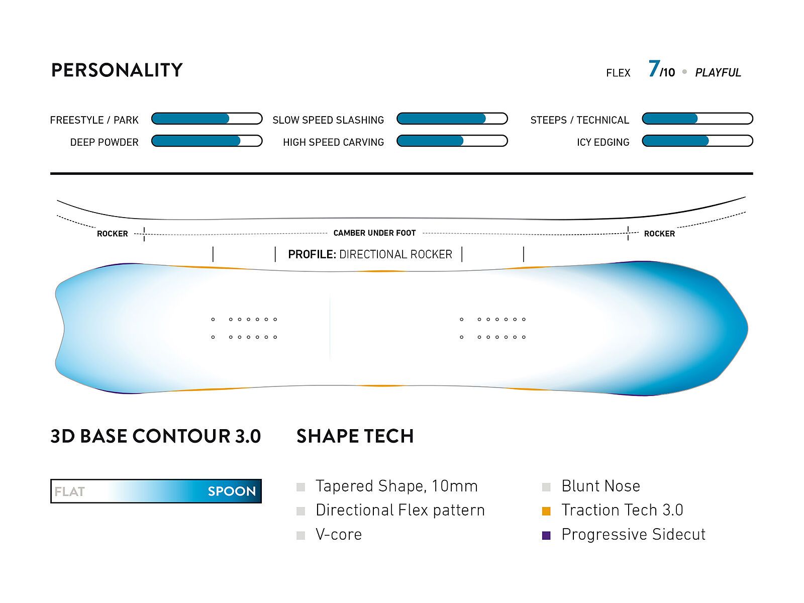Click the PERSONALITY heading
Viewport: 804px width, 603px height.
click(117, 70)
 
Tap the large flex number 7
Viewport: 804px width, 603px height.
click(654, 68)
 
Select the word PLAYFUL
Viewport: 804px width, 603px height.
click(718, 73)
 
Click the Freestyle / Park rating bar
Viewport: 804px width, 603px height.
click(207, 119)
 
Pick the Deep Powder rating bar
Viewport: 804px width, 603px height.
click(207, 141)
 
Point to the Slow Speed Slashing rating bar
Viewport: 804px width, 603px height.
click(452, 119)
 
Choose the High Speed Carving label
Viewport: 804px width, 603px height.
click(333, 142)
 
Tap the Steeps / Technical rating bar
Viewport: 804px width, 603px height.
click(697, 119)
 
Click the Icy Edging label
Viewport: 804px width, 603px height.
click(602, 142)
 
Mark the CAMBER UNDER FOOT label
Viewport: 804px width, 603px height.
click(374, 233)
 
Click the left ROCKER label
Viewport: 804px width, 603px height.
click(112, 234)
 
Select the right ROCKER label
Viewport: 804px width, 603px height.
click(659, 234)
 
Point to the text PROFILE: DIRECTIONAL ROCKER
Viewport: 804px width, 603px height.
click(370, 254)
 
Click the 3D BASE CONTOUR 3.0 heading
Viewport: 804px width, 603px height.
click(156, 436)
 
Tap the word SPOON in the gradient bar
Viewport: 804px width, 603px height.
click(232, 491)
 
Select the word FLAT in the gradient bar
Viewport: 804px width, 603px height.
click(69, 491)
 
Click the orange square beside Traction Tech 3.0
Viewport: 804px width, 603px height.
click(546, 511)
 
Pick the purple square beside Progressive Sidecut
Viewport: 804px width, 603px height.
click(546, 535)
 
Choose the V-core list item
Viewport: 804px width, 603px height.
click(338, 534)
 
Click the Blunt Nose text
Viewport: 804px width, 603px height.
click(600, 486)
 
